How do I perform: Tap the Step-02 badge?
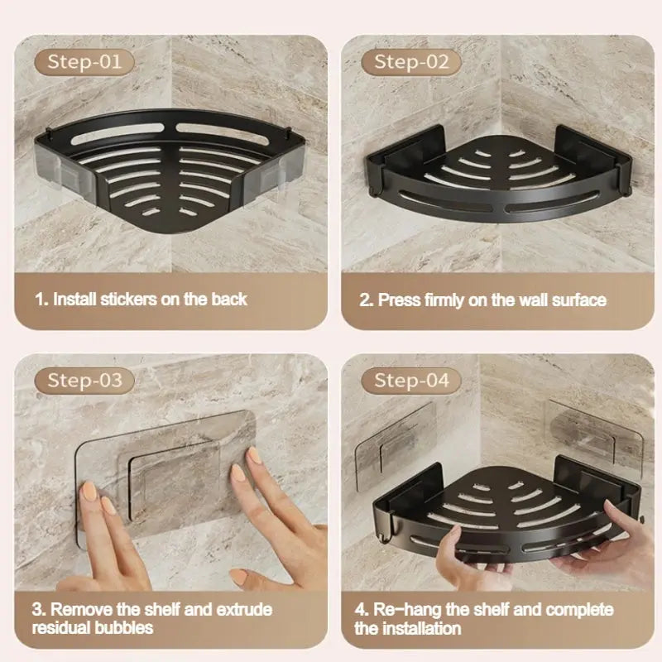click(411, 61)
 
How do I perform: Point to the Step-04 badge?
click(411, 380)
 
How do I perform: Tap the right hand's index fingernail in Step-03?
click(253, 456)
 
